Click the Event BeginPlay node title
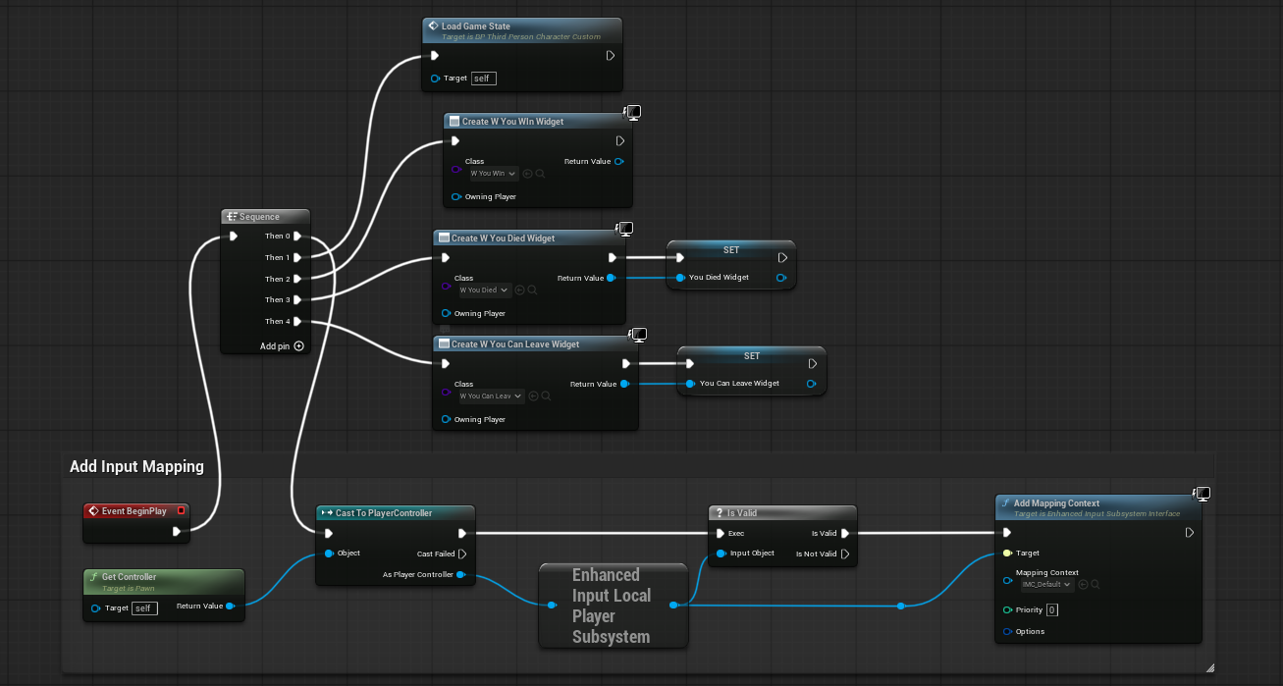click(134, 511)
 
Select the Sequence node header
click(260, 217)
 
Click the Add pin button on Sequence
click(298, 345)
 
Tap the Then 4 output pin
click(297, 321)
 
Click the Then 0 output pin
click(297, 237)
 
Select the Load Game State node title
click(476, 26)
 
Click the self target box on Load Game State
click(483, 78)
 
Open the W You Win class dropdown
click(493, 174)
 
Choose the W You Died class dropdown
click(485, 290)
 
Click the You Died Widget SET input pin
click(679, 278)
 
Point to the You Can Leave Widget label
click(739, 384)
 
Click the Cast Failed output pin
click(462, 554)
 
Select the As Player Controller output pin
click(460, 575)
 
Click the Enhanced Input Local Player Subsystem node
click(613, 606)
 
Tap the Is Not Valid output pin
click(845, 554)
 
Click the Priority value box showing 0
click(1051, 610)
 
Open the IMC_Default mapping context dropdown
click(1045, 585)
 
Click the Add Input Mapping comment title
click(136, 467)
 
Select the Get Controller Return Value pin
click(230, 607)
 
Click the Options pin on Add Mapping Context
click(1007, 632)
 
